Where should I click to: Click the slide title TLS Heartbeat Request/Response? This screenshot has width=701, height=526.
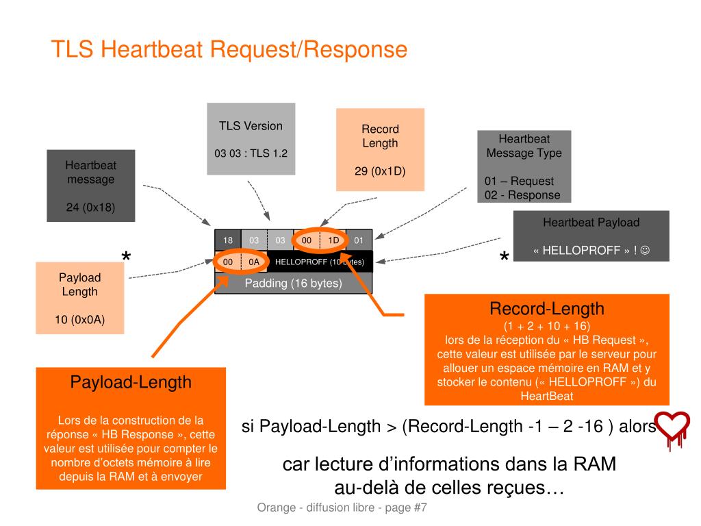point(229,49)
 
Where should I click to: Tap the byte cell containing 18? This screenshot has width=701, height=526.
point(228,240)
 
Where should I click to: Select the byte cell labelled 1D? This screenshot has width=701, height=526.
point(333,240)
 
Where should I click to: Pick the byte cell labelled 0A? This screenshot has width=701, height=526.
point(254,262)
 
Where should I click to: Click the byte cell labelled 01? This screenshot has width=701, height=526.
point(359,240)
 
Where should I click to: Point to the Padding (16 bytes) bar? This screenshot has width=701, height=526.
point(293,283)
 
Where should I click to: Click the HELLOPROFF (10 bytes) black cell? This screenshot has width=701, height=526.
point(320,262)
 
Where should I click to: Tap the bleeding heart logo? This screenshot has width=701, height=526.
point(674,429)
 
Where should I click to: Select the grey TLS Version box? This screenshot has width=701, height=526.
point(251,138)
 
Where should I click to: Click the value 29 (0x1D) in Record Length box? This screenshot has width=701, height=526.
point(380,171)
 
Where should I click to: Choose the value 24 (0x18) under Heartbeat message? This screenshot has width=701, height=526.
point(91,207)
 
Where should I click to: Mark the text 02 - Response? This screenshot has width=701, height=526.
point(522,195)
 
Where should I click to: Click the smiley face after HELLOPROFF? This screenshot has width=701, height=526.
point(645,250)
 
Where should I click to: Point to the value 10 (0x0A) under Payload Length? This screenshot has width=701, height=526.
point(79,320)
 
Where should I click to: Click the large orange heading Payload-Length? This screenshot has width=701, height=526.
point(131,382)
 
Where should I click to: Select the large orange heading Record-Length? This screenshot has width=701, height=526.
point(547,309)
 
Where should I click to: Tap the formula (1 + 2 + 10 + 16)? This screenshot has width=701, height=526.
point(547,325)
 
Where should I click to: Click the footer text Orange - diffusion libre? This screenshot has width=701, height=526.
point(316,508)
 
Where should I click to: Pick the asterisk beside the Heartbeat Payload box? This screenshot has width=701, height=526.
point(505,257)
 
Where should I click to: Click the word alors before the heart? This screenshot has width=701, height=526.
point(637,426)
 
